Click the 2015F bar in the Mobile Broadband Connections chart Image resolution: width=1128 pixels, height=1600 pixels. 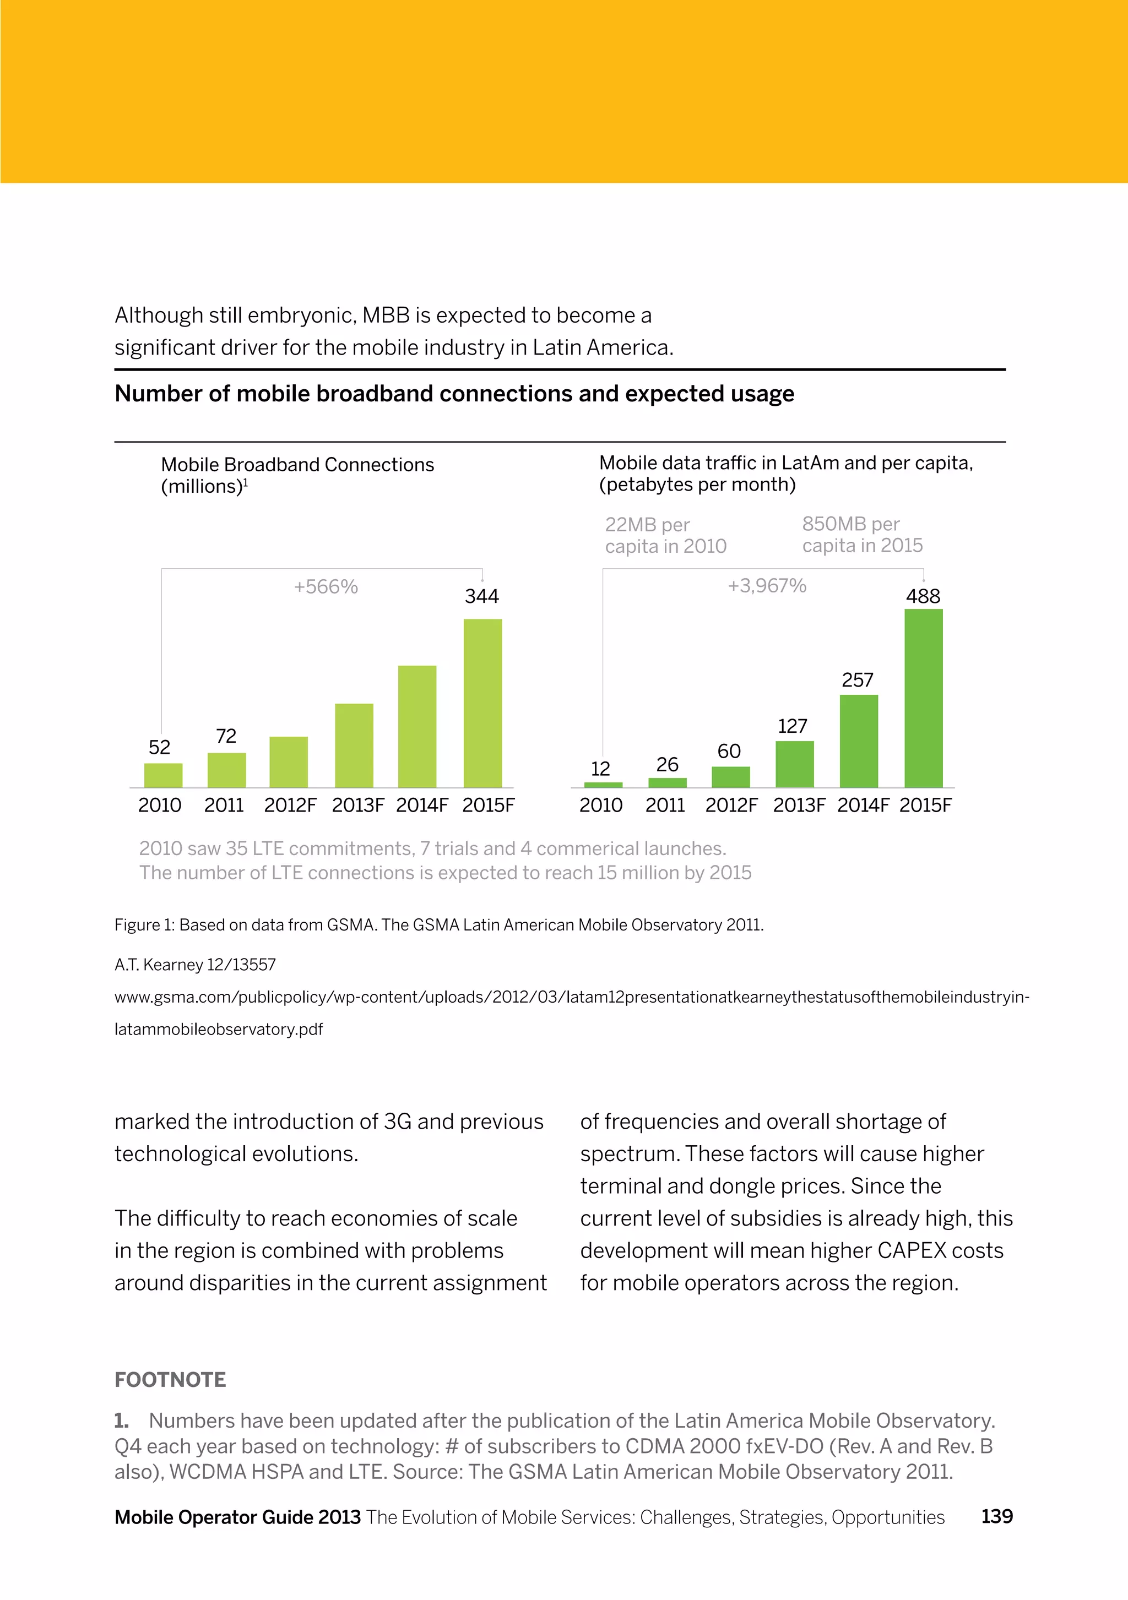point(482,703)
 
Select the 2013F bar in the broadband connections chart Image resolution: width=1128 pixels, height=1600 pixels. point(354,745)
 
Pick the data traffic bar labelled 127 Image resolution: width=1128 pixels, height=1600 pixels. point(794,764)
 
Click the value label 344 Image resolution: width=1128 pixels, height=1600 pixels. point(482,596)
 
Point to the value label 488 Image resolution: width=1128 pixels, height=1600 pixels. point(923,596)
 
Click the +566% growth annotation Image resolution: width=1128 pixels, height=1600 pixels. point(326,587)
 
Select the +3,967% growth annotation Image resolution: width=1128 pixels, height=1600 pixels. point(767,585)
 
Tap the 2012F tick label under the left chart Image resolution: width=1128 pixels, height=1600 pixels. point(290,806)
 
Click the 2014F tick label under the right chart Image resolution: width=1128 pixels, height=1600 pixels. point(863,806)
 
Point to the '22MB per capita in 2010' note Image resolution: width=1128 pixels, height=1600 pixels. point(665,535)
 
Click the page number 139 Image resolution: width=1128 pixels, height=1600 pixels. point(997,1516)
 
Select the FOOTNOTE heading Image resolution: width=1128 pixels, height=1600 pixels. point(170,1380)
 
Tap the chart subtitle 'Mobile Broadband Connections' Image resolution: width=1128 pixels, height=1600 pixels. point(297,465)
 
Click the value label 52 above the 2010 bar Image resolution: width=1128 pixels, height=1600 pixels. point(160,748)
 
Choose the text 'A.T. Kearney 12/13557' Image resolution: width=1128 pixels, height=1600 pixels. point(195,965)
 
